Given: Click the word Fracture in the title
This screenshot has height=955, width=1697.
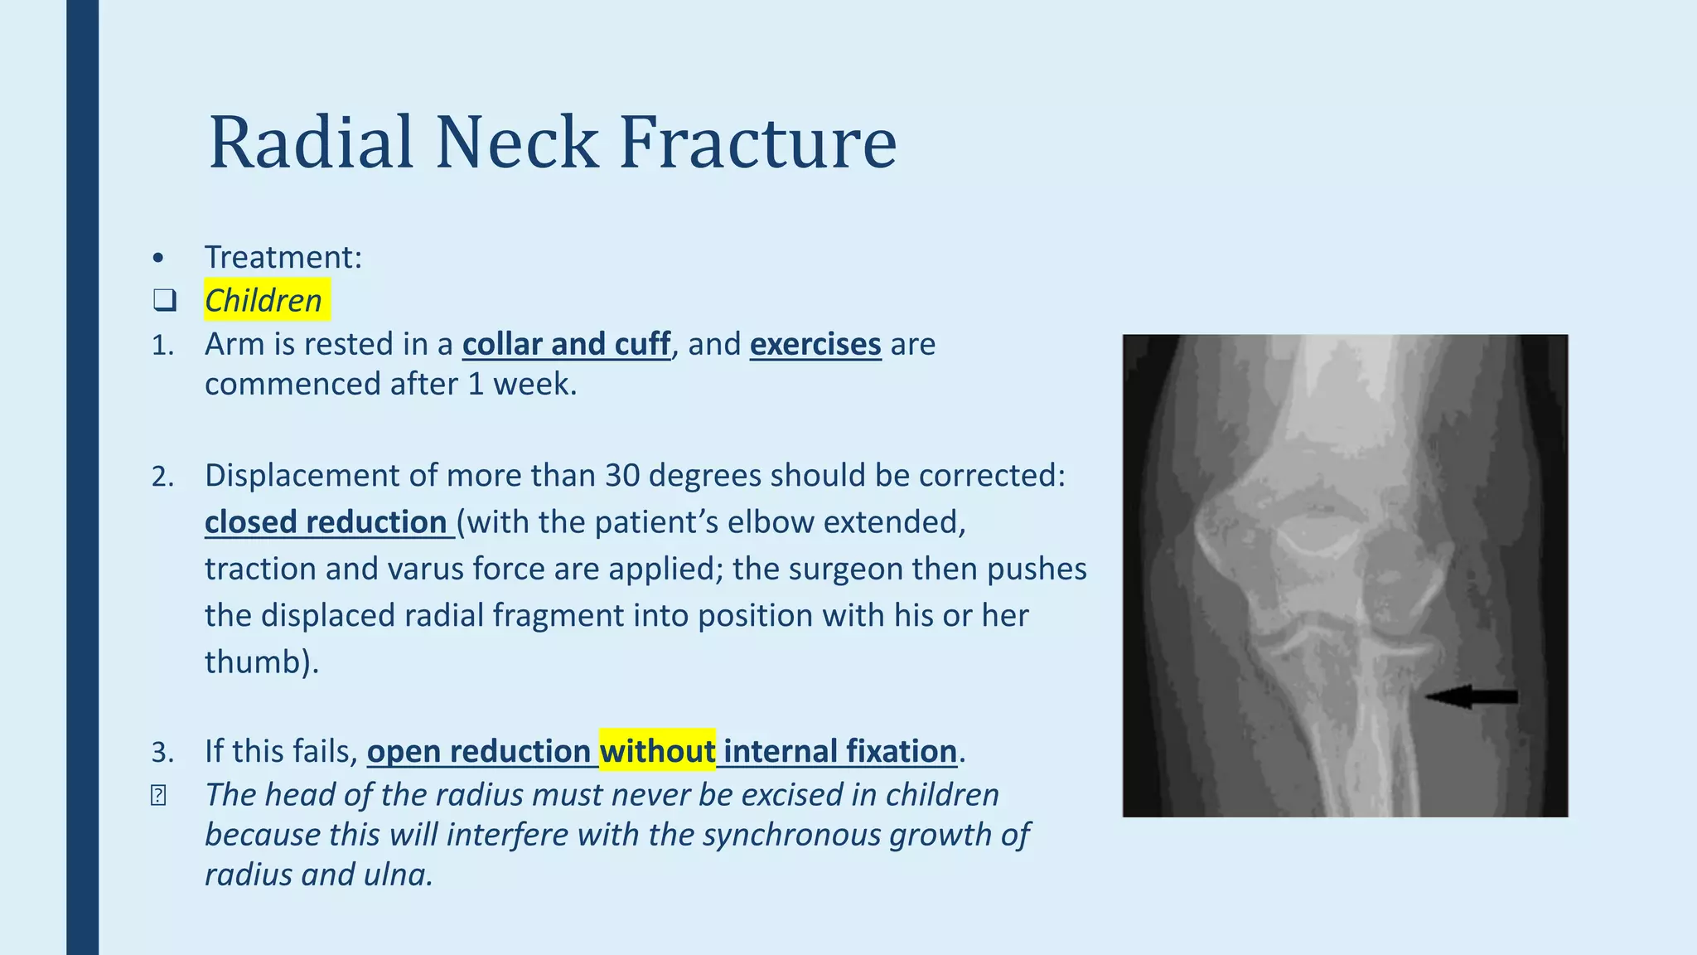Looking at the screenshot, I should (757, 143).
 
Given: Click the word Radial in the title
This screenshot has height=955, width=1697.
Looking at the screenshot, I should (311, 143).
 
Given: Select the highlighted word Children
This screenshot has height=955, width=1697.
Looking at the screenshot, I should (263, 300).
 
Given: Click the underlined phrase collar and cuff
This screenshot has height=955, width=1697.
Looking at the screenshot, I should (566, 344).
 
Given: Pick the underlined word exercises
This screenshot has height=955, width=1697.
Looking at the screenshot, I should (815, 344).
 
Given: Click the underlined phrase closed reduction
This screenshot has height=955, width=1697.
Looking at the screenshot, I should (326, 522).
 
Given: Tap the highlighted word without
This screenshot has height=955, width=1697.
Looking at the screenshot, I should (657, 751).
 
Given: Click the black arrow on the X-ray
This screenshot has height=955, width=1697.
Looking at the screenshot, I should (1472, 696).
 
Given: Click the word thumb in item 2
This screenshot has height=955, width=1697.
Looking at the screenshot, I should (253, 662).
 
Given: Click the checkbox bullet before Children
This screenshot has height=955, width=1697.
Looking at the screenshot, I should (165, 301).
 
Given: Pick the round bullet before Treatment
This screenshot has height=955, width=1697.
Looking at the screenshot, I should (158, 259).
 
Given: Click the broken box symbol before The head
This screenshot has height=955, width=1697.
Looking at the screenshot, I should (158, 796).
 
